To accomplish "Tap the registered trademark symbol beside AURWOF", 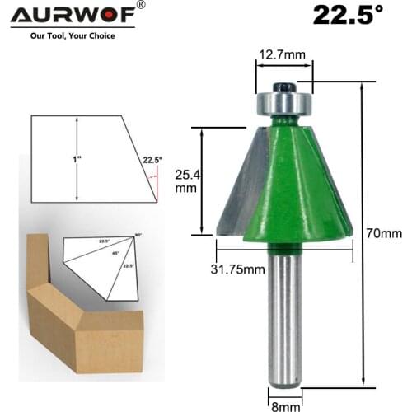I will tap(140, 6).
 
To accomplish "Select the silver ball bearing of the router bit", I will tap(283, 103).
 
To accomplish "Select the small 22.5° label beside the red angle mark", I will tap(152, 160).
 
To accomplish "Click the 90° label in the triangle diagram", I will tap(138, 236).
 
